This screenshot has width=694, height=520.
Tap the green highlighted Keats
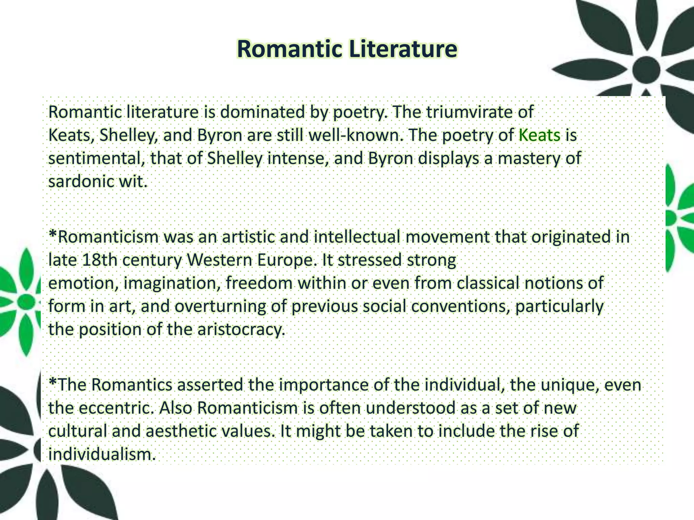539,135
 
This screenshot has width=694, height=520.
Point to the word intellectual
357,237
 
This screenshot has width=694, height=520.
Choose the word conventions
461,306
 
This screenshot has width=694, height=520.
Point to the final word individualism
102,454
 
